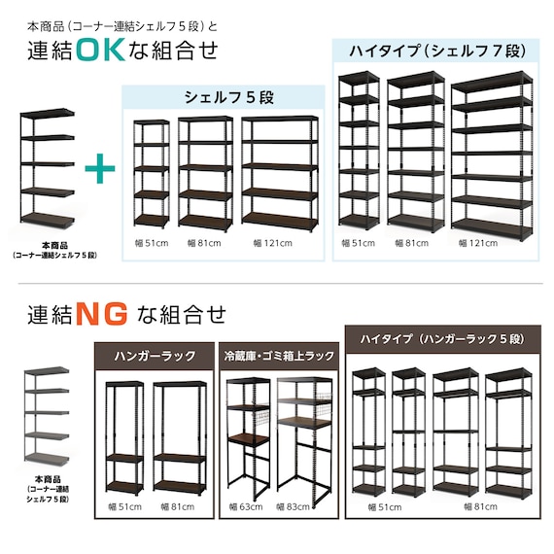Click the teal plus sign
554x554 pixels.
click(100, 168)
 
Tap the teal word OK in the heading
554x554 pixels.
click(101, 50)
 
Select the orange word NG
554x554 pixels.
click(102, 313)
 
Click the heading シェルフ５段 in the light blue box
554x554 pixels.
click(229, 97)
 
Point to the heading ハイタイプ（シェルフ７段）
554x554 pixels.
click(437, 52)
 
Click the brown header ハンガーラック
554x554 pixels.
click(155, 356)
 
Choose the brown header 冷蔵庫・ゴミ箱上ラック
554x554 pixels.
click(279, 356)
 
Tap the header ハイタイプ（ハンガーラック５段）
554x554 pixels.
click(443, 339)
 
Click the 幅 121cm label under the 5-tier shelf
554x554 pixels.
click(273, 243)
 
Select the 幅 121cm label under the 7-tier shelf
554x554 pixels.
click(478, 243)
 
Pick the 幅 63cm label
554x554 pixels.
click(246, 507)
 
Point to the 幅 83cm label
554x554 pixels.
click(293, 507)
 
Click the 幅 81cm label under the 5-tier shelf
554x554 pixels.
click(204, 243)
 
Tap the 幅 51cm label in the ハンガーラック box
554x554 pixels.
click(125, 507)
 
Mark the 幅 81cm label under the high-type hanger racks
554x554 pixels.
click(480, 507)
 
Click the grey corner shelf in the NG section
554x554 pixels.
click(47, 414)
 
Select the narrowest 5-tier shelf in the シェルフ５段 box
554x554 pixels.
click(152, 173)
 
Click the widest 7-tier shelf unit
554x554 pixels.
click(492, 156)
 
